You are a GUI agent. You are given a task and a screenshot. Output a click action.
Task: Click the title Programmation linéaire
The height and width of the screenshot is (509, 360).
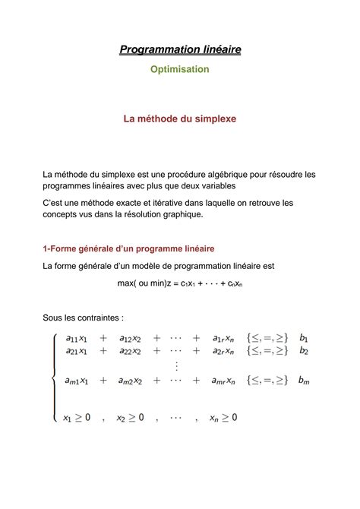tap(180, 50)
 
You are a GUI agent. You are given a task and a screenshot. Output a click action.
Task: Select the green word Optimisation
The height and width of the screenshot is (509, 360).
tap(180, 69)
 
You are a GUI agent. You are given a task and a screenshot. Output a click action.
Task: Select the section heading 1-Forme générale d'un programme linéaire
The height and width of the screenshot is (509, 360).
tap(128, 248)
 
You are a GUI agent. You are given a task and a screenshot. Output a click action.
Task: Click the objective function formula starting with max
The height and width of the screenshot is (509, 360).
tap(180, 283)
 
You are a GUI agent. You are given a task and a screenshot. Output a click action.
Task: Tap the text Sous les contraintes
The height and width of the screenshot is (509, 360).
tap(83, 317)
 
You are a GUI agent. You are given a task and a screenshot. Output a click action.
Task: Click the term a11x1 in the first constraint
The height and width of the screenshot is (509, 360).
tap(77, 338)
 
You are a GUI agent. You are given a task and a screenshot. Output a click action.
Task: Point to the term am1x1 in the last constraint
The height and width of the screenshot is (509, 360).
tap(77, 380)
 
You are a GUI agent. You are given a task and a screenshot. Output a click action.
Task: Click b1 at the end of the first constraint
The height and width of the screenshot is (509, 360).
tap(304, 338)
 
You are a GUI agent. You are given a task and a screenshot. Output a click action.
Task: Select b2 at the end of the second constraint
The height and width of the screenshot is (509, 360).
tap(304, 351)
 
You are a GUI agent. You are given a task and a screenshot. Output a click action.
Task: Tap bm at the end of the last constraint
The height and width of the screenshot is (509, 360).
tap(305, 380)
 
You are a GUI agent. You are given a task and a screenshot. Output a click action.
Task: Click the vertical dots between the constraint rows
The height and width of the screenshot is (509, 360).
tap(175, 365)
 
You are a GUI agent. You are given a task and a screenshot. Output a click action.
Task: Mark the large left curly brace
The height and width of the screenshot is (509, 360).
tap(52, 377)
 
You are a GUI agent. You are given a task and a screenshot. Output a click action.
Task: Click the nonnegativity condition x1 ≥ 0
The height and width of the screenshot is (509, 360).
tap(77, 417)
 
